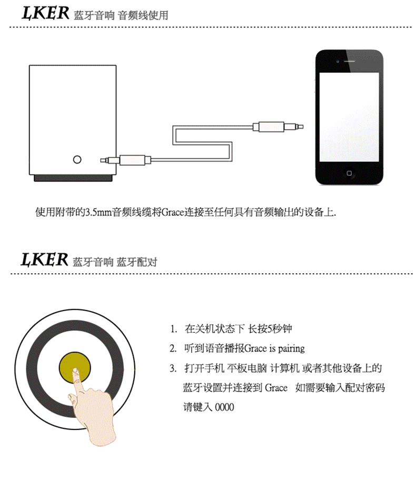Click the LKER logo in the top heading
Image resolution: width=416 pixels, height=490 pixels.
point(46,13)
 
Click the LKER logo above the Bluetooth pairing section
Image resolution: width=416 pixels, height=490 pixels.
point(44,260)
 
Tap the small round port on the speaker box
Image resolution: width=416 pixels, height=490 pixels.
point(77,160)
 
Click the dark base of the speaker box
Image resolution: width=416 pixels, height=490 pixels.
point(73,178)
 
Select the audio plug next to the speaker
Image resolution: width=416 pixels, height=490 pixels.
point(125,160)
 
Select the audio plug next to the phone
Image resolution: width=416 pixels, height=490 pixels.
point(278,127)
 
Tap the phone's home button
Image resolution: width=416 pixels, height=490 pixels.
point(349,173)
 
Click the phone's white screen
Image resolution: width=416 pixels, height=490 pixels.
point(349,117)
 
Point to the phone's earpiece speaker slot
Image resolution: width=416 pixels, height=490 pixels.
point(349,61)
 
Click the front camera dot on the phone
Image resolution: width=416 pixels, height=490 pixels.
point(338,61)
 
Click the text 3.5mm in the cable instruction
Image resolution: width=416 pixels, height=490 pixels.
point(98,213)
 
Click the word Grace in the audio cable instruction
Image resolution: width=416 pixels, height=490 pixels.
point(173,213)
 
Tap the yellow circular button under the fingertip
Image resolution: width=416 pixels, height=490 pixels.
point(75,368)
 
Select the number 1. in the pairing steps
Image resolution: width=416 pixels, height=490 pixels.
point(174,329)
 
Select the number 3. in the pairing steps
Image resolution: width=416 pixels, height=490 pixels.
point(173,369)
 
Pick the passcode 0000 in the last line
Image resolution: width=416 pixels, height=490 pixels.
point(224,407)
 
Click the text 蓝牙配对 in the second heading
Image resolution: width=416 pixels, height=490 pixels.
point(137,262)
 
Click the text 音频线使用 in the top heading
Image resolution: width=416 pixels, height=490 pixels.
point(143,15)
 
